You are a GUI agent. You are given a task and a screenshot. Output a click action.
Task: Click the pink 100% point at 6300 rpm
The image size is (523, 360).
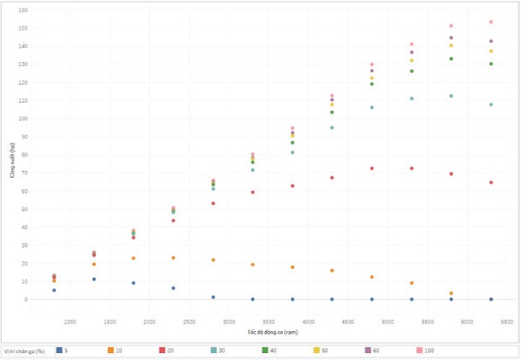coord(491,22)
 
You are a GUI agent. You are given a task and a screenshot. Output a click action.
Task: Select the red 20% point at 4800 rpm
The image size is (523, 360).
coord(371,168)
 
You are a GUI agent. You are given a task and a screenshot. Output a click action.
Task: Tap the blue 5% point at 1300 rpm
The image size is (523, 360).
coord(93,279)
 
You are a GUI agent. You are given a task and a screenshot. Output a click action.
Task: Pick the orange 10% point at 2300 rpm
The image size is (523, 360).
coord(173,258)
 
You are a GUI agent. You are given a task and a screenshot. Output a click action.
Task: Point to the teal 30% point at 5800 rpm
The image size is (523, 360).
coord(451,96)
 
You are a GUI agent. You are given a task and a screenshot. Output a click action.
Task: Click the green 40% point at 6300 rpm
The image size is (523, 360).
coord(491,64)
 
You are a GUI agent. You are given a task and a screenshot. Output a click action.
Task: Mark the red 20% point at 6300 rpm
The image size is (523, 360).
coord(491,182)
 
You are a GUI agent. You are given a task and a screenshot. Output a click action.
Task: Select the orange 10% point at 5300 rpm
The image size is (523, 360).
coord(411,283)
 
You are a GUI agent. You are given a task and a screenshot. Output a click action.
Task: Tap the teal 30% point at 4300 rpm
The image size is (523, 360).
coord(332,128)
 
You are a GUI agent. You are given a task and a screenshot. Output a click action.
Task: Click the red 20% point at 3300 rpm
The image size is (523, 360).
coord(253,192)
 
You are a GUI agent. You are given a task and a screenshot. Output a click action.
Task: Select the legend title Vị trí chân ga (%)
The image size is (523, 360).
coord(24,350)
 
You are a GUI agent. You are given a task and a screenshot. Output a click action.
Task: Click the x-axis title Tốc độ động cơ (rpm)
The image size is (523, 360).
coord(272,332)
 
